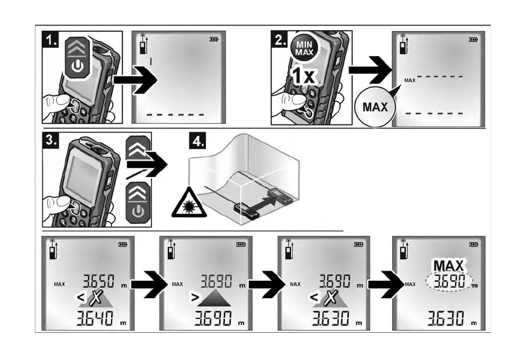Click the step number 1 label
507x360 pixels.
click(x=50, y=39)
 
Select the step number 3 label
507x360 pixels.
click(x=51, y=140)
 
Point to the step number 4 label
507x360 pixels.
click(x=197, y=141)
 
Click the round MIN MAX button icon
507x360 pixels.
click(x=304, y=49)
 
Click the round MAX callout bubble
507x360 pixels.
click(x=375, y=107)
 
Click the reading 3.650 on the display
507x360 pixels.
click(x=98, y=281)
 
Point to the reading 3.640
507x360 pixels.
click(x=95, y=318)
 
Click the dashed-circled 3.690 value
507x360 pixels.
click(x=449, y=281)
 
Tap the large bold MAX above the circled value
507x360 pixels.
click(x=448, y=266)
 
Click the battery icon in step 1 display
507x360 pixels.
click(x=214, y=39)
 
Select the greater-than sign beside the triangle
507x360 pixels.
click(x=194, y=297)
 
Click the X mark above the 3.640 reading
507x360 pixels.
click(x=96, y=298)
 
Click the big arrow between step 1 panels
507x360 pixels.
click(x=135, y=80)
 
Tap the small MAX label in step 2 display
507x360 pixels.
click(x=410, y=80)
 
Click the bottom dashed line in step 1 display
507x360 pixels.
click(x=175, y=115)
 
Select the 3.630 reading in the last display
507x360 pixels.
click(x=446, y=318)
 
